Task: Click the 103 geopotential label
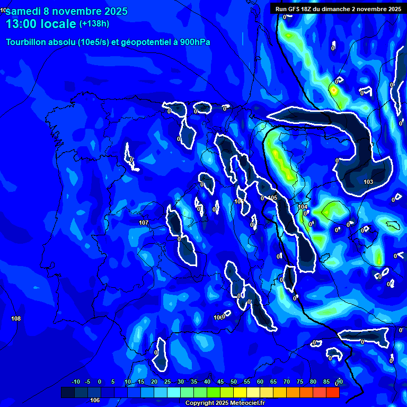click(368, 182)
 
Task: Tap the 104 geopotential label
click(303, 207)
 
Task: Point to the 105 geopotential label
click(272, 198)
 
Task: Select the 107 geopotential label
click(144, 223)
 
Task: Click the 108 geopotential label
click(16, 318)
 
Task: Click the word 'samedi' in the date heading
click(25, 11)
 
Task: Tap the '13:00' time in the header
click(23, 24)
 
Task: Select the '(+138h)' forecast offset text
click(94, 24)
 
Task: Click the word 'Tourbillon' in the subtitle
click(26, 42)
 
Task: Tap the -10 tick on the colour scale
click(75, 382)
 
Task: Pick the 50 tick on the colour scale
click(233, 382)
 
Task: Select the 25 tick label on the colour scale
click(167, 382)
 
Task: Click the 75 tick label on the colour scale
click(299, 382)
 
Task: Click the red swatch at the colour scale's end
click(332, 392)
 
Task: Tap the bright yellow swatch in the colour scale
click(253, 392)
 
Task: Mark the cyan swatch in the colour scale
click(174, 392)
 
